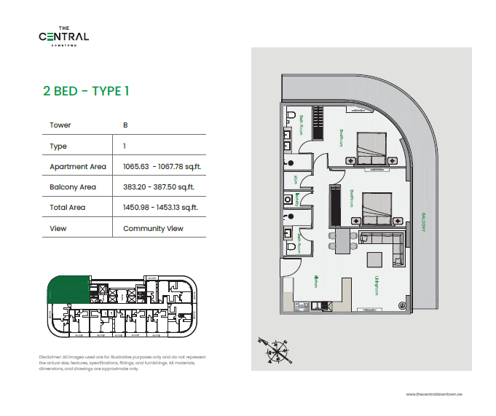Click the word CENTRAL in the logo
click(64, 36)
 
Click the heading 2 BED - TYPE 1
click(86, 91)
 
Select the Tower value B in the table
click(125, 125)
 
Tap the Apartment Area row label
click(77, 167)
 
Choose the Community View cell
click(153, 229)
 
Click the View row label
click(58, 229)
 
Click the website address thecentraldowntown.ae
click(434, 393)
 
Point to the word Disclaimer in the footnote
click(50, 357)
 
